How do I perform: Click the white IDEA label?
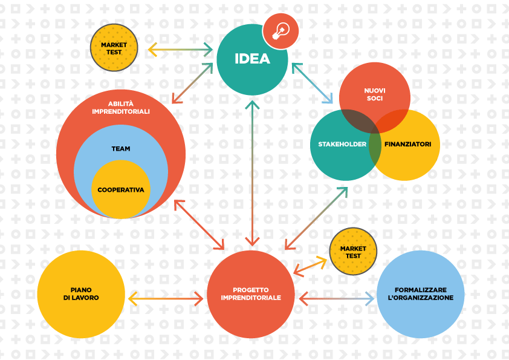(x=252, y=59)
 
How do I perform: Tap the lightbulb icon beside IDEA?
(x=280, y=31)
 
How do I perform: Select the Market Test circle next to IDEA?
(x=114, y=48)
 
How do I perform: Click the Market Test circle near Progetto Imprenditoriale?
(x=353, y=252)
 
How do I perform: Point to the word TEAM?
(x=121, y=149)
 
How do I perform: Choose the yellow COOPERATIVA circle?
(x=121, y=189)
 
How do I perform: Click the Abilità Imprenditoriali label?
(x=121, y=108)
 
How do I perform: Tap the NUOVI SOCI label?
(x=375, y=94)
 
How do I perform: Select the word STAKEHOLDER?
(x=342, y=144)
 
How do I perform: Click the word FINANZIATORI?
(x=407, y=144)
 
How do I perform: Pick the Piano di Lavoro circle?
(x=81, y=295)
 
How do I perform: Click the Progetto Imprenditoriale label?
(x=251, y=293)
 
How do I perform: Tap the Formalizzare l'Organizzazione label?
(x=421, y=293)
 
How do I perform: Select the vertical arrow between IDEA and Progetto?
(x=252, y=173)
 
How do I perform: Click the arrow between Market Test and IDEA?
(x=180, y=50)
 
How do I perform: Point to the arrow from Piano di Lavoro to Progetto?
(x=166, y=298)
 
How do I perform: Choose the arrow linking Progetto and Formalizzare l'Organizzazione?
(x=336, y=299)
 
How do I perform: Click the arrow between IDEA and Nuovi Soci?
(x=313, y=83)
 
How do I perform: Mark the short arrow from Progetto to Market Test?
(x=310, y=267)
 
